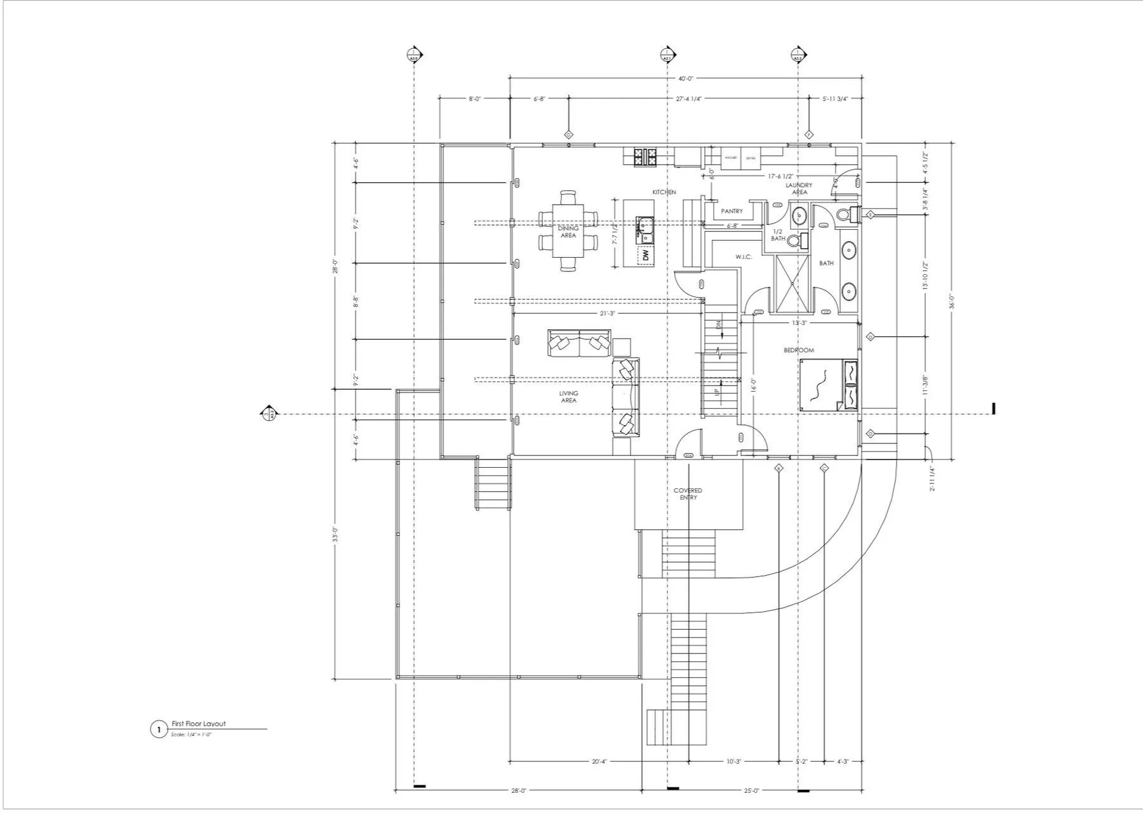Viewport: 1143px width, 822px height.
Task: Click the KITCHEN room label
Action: [x=664, y=192]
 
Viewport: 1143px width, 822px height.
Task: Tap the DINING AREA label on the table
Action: [x=568, y=232]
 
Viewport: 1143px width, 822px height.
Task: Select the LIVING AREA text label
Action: [x=568, y=396]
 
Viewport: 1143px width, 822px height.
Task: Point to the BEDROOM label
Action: [x=798, y=350]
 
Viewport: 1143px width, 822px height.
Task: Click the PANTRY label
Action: [x=732, y=211]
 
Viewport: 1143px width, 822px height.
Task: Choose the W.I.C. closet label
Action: [x=744, y=257]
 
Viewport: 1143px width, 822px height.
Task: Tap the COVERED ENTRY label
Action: [x=688, y=493]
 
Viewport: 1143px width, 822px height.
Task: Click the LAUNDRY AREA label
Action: [x=799, y=189]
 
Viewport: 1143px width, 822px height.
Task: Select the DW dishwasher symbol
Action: [x=645, y=255]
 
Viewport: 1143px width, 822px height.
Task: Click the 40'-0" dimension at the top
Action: [x=686, y=79]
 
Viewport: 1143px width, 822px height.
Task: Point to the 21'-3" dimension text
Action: [x=607, y=313]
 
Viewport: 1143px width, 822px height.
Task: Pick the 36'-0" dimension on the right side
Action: [x=951, y=302]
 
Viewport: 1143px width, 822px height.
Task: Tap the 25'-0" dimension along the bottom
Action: [x=751, y=790]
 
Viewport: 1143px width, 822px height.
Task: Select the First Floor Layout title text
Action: [x=199, y=724]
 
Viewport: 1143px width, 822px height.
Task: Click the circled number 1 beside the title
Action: [x=159, y=729]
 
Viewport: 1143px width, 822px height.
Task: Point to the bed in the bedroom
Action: [x=828, y=385]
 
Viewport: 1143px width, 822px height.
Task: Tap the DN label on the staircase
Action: [x=719, y=325]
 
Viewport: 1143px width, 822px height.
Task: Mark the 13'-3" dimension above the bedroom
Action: [x=799, y=323]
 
